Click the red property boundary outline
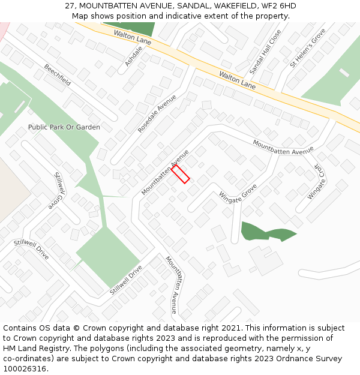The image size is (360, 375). (180, 175)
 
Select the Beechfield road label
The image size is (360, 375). (57, 75)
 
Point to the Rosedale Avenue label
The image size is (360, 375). (157, 113)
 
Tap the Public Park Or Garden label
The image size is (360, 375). (64, 127)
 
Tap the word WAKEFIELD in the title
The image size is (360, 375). (232, 6)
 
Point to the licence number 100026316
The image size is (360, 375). (25, 369)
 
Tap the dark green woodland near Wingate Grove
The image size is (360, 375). (264, 231)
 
